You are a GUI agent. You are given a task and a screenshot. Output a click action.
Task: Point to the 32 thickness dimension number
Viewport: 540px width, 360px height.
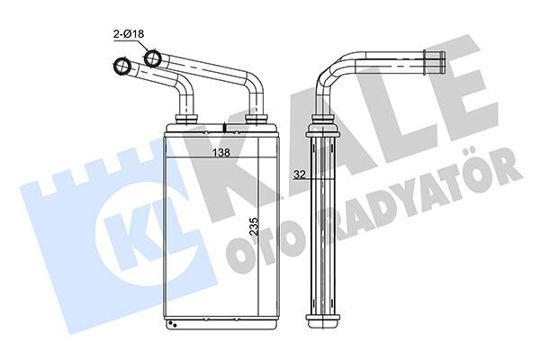click(300, 175)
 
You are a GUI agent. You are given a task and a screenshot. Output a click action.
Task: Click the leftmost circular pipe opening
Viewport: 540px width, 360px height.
click(118, 66)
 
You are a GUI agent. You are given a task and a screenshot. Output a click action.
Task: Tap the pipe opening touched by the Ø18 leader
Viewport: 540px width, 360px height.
click(153, 58)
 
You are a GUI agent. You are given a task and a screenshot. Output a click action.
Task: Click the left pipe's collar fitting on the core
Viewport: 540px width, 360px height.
click(187, 119)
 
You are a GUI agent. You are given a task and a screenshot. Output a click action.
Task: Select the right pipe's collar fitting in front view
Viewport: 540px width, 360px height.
click(255, 119)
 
